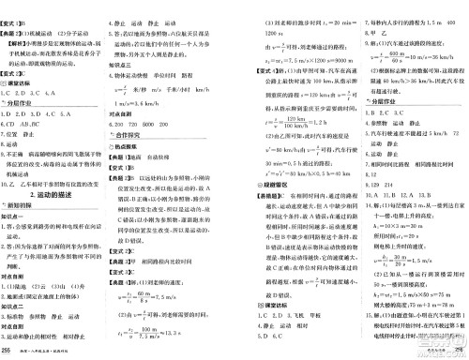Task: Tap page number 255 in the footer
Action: pyautogui.click(x=7, y=351)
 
